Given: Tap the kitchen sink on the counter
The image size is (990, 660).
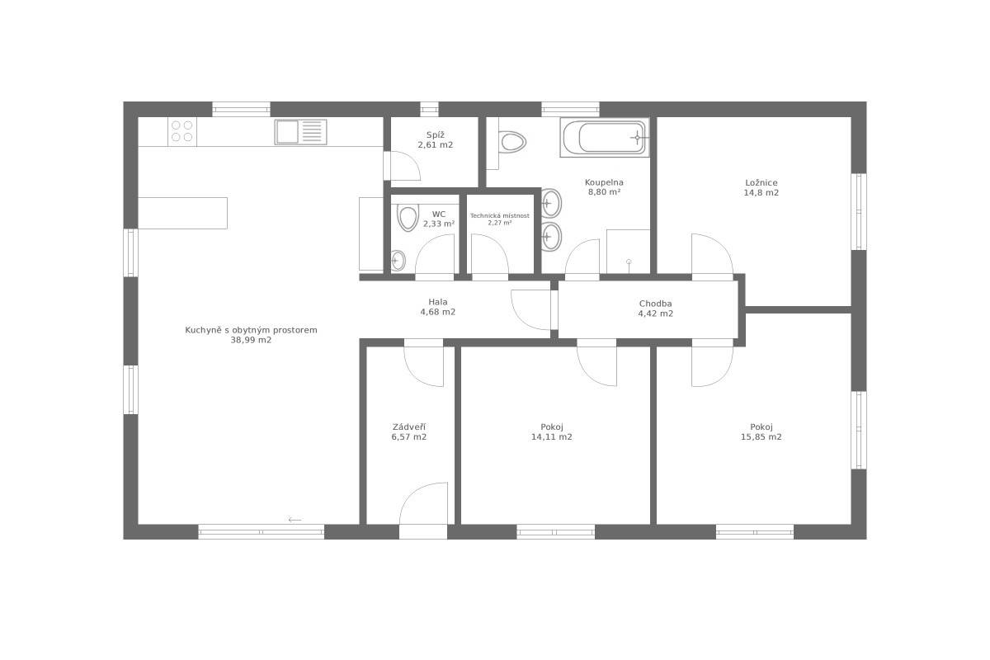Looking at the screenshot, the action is pos(300,132).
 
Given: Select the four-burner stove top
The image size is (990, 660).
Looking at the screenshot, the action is pos(182,131).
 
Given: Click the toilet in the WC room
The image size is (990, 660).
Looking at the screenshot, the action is pos(408,217).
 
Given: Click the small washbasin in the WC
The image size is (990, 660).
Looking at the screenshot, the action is pos(398,261).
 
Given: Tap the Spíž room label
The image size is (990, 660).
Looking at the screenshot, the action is pos(436,135).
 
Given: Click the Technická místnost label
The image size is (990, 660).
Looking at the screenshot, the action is pos(499,215).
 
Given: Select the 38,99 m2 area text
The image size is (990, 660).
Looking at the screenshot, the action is pos(251,340).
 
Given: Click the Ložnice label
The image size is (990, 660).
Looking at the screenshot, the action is pos(761,182).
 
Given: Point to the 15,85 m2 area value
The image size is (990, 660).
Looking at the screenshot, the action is pos(761,436).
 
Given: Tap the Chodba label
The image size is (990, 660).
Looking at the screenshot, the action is pos(655,304).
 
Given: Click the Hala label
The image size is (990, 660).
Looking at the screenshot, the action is pos(437,302).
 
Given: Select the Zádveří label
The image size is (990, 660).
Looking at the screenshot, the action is pos(409,427).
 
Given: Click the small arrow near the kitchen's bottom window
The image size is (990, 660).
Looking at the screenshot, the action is pos(295,520).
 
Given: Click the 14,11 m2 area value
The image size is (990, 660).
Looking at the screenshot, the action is pos(552,436).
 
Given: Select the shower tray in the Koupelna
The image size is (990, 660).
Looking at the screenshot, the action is pos(628,252).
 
